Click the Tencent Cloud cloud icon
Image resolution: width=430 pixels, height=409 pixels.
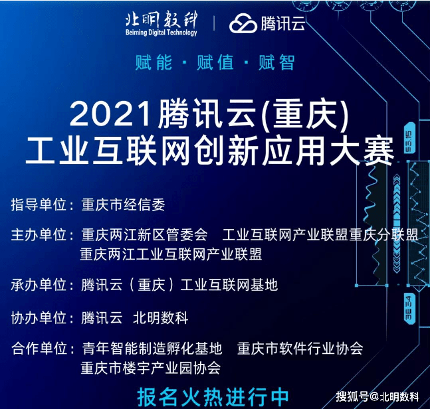[x=243, y=23]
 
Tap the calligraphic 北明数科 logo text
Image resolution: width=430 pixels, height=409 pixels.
[x=161, y=19]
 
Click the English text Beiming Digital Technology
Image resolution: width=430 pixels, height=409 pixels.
[x=161, y=33]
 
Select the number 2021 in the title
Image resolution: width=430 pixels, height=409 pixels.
[x=111, y=115]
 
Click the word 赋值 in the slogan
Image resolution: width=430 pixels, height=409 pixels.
[x=215, y=62]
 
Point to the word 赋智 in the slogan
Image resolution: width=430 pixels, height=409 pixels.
[x=276, y=62]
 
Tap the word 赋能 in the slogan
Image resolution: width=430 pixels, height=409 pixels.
[x=154, y=62]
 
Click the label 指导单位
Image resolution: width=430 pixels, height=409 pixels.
[x=39, y=204]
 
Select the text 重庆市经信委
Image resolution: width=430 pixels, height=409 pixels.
[x=123, y=204]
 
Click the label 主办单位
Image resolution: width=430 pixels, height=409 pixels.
[x=39, y=235]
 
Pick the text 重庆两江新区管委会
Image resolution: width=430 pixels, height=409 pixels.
[x=144, y=235]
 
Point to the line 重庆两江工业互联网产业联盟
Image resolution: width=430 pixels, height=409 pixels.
[x=171, y=254]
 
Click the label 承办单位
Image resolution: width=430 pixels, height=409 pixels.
[x=39, y=285]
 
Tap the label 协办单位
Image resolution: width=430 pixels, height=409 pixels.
[x=39, y=318]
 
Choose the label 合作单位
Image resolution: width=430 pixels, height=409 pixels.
[x=39, y=349]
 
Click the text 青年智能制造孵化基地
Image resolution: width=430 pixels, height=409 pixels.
[x=152, y=349]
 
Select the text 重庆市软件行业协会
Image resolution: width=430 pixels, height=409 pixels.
[x=300, y=349]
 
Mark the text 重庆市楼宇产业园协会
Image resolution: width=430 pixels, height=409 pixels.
[x=151, y=368]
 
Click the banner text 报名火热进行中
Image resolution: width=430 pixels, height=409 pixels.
[x=213, y=397]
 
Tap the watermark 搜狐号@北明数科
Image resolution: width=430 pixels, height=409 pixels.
[x=377, y=396]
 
